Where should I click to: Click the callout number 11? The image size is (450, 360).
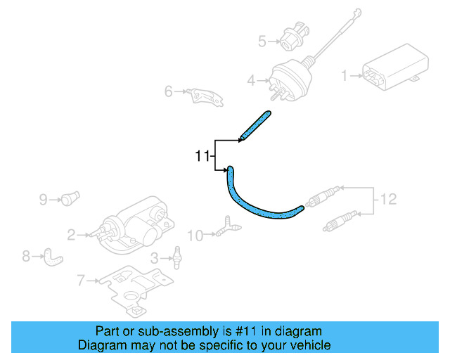coord(202,156)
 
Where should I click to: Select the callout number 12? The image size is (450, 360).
coord(388,200)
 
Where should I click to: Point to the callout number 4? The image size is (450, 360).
coord(251,82)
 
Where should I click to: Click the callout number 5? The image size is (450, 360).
coord(262,41)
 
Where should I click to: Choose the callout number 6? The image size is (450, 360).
coord(169,91)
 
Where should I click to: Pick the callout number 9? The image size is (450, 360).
coord(43,200)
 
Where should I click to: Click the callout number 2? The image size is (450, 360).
coord(71,234)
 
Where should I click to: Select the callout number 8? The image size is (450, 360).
coord(26,257)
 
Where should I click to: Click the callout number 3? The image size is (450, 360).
coord(155,258)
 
